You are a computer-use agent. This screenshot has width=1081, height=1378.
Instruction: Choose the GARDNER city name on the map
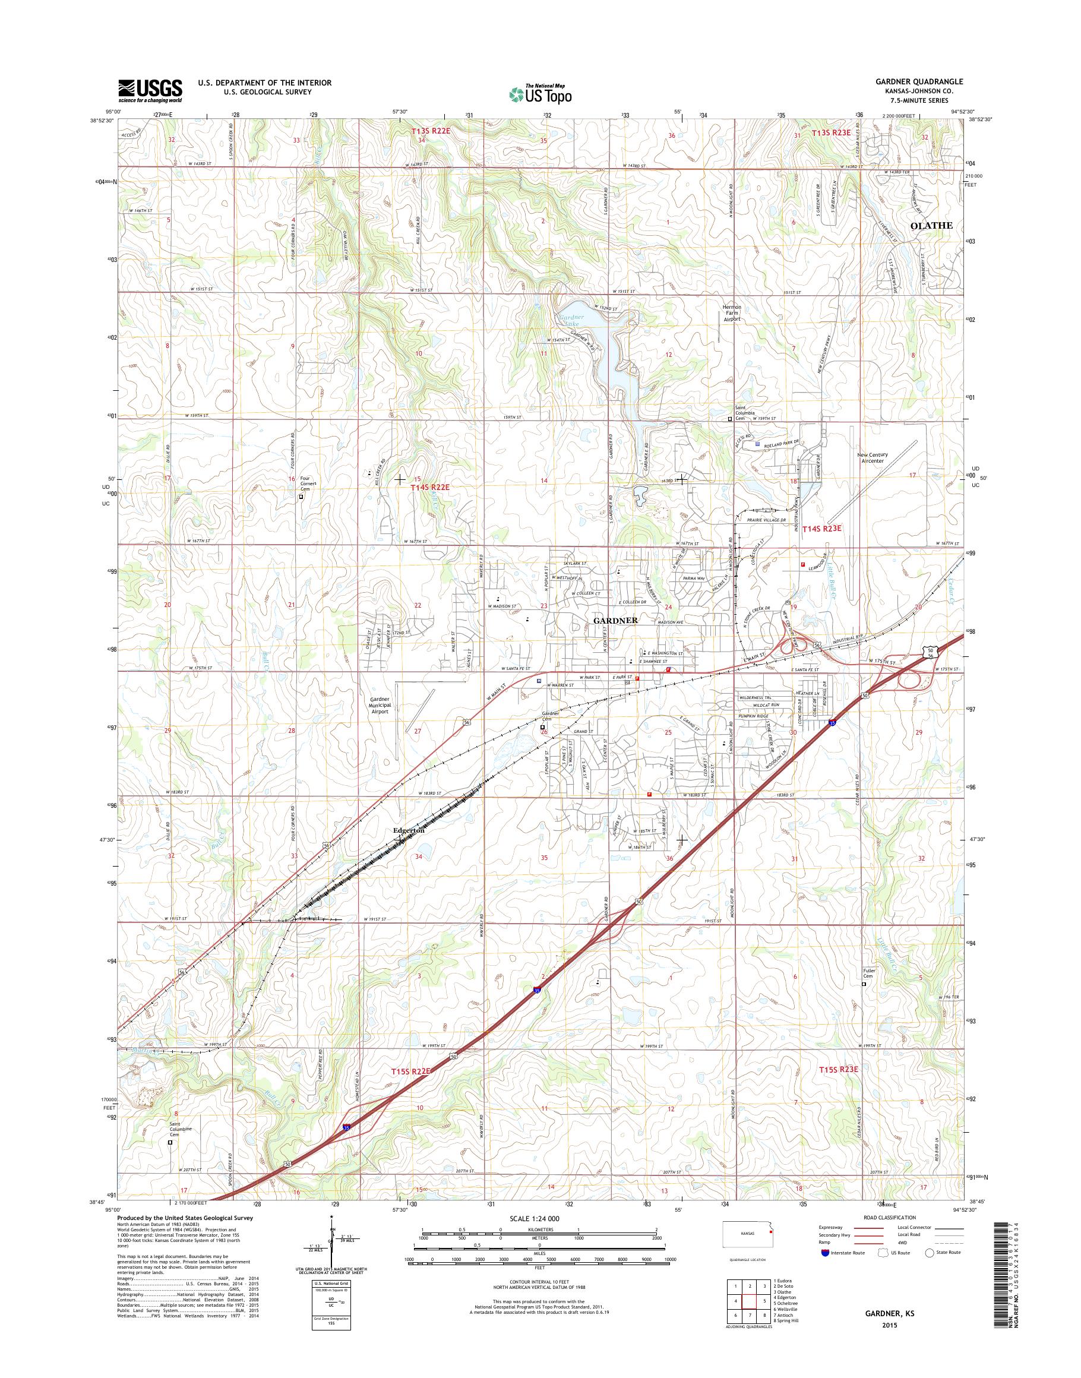[x=615, y=621]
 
